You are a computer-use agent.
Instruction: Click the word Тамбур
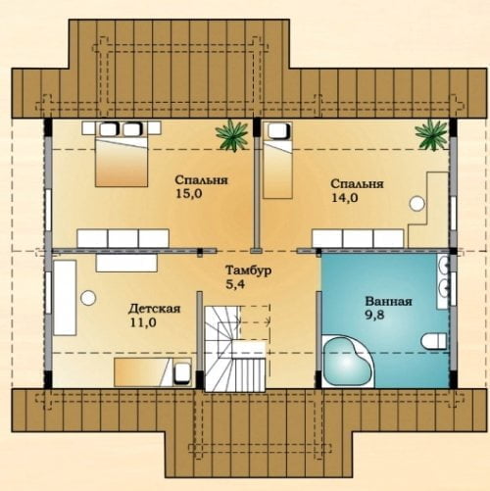point(249,270)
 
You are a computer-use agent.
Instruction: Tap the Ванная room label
point(388,301)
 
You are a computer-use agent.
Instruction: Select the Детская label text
point(154,309)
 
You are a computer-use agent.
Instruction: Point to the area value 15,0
point(189,194)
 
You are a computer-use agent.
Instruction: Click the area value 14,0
point(345,198)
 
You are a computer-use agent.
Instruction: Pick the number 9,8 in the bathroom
point(374,316)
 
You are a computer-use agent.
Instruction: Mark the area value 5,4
point(235,284)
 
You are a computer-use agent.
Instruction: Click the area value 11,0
point(143,322)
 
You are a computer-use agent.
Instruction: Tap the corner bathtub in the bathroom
point(348,361)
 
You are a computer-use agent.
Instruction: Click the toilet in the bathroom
point(433,341)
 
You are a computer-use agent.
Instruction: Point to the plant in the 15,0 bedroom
point(231,135)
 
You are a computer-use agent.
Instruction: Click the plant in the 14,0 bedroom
point(430,135)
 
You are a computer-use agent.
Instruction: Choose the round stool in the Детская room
point(88,298)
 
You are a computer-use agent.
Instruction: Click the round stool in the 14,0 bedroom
point(416,203)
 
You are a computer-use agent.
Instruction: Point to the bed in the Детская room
point(153,372)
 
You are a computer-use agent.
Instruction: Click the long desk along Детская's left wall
point(65,298)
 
